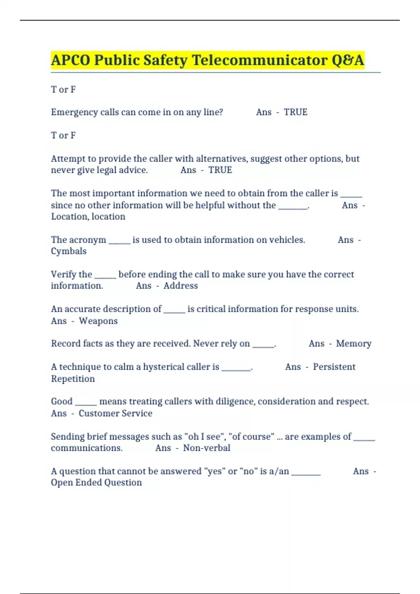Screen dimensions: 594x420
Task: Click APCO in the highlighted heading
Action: [x=70, y=60]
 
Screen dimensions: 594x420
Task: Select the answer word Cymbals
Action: [x=69, y=251]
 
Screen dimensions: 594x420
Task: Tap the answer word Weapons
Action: [x=98, y=321]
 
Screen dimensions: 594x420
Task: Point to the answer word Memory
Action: [x=353, y=343]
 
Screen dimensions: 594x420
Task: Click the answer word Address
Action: [x=181, y=286]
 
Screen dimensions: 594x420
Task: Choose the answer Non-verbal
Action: [x=206, y=448]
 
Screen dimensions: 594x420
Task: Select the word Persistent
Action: [x=334, y=367]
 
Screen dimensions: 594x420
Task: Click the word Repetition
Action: [x=73, y=379]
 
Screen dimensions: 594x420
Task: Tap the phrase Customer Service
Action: [x=115, y=413]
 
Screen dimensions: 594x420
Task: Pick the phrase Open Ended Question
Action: [x=96, y=483]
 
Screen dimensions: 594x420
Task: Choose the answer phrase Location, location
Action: [x=88, y=217]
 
